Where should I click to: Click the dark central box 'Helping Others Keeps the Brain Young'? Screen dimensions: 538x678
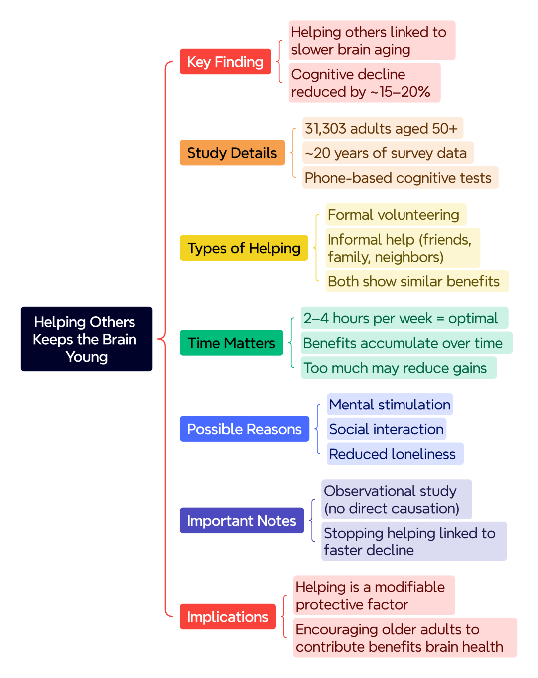point(87,339)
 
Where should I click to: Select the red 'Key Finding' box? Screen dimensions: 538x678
point(225,61)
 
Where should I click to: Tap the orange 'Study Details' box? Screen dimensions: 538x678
point(232,153)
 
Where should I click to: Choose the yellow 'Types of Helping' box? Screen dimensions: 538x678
point(244,248)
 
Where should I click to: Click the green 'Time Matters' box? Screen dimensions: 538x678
point(231,342)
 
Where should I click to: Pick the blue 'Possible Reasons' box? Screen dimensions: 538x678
point(244,429)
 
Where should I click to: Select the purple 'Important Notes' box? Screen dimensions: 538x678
point(242,520)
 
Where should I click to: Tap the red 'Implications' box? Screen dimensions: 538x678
point(228,616)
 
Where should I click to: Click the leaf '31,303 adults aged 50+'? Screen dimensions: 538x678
point(383,128)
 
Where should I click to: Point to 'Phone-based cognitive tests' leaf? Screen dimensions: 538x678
point(401,177)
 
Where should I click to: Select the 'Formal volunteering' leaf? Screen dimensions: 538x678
point(396,214)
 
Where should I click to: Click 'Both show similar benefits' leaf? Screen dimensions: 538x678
point(416,281)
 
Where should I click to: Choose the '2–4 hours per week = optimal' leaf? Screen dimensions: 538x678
point(404,318)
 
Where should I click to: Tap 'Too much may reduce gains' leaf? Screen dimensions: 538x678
point(399,367)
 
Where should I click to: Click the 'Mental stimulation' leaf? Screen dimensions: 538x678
point(390,404)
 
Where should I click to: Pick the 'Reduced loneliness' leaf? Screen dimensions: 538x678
point(395,454)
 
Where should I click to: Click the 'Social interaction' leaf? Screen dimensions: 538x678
point(387,429)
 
